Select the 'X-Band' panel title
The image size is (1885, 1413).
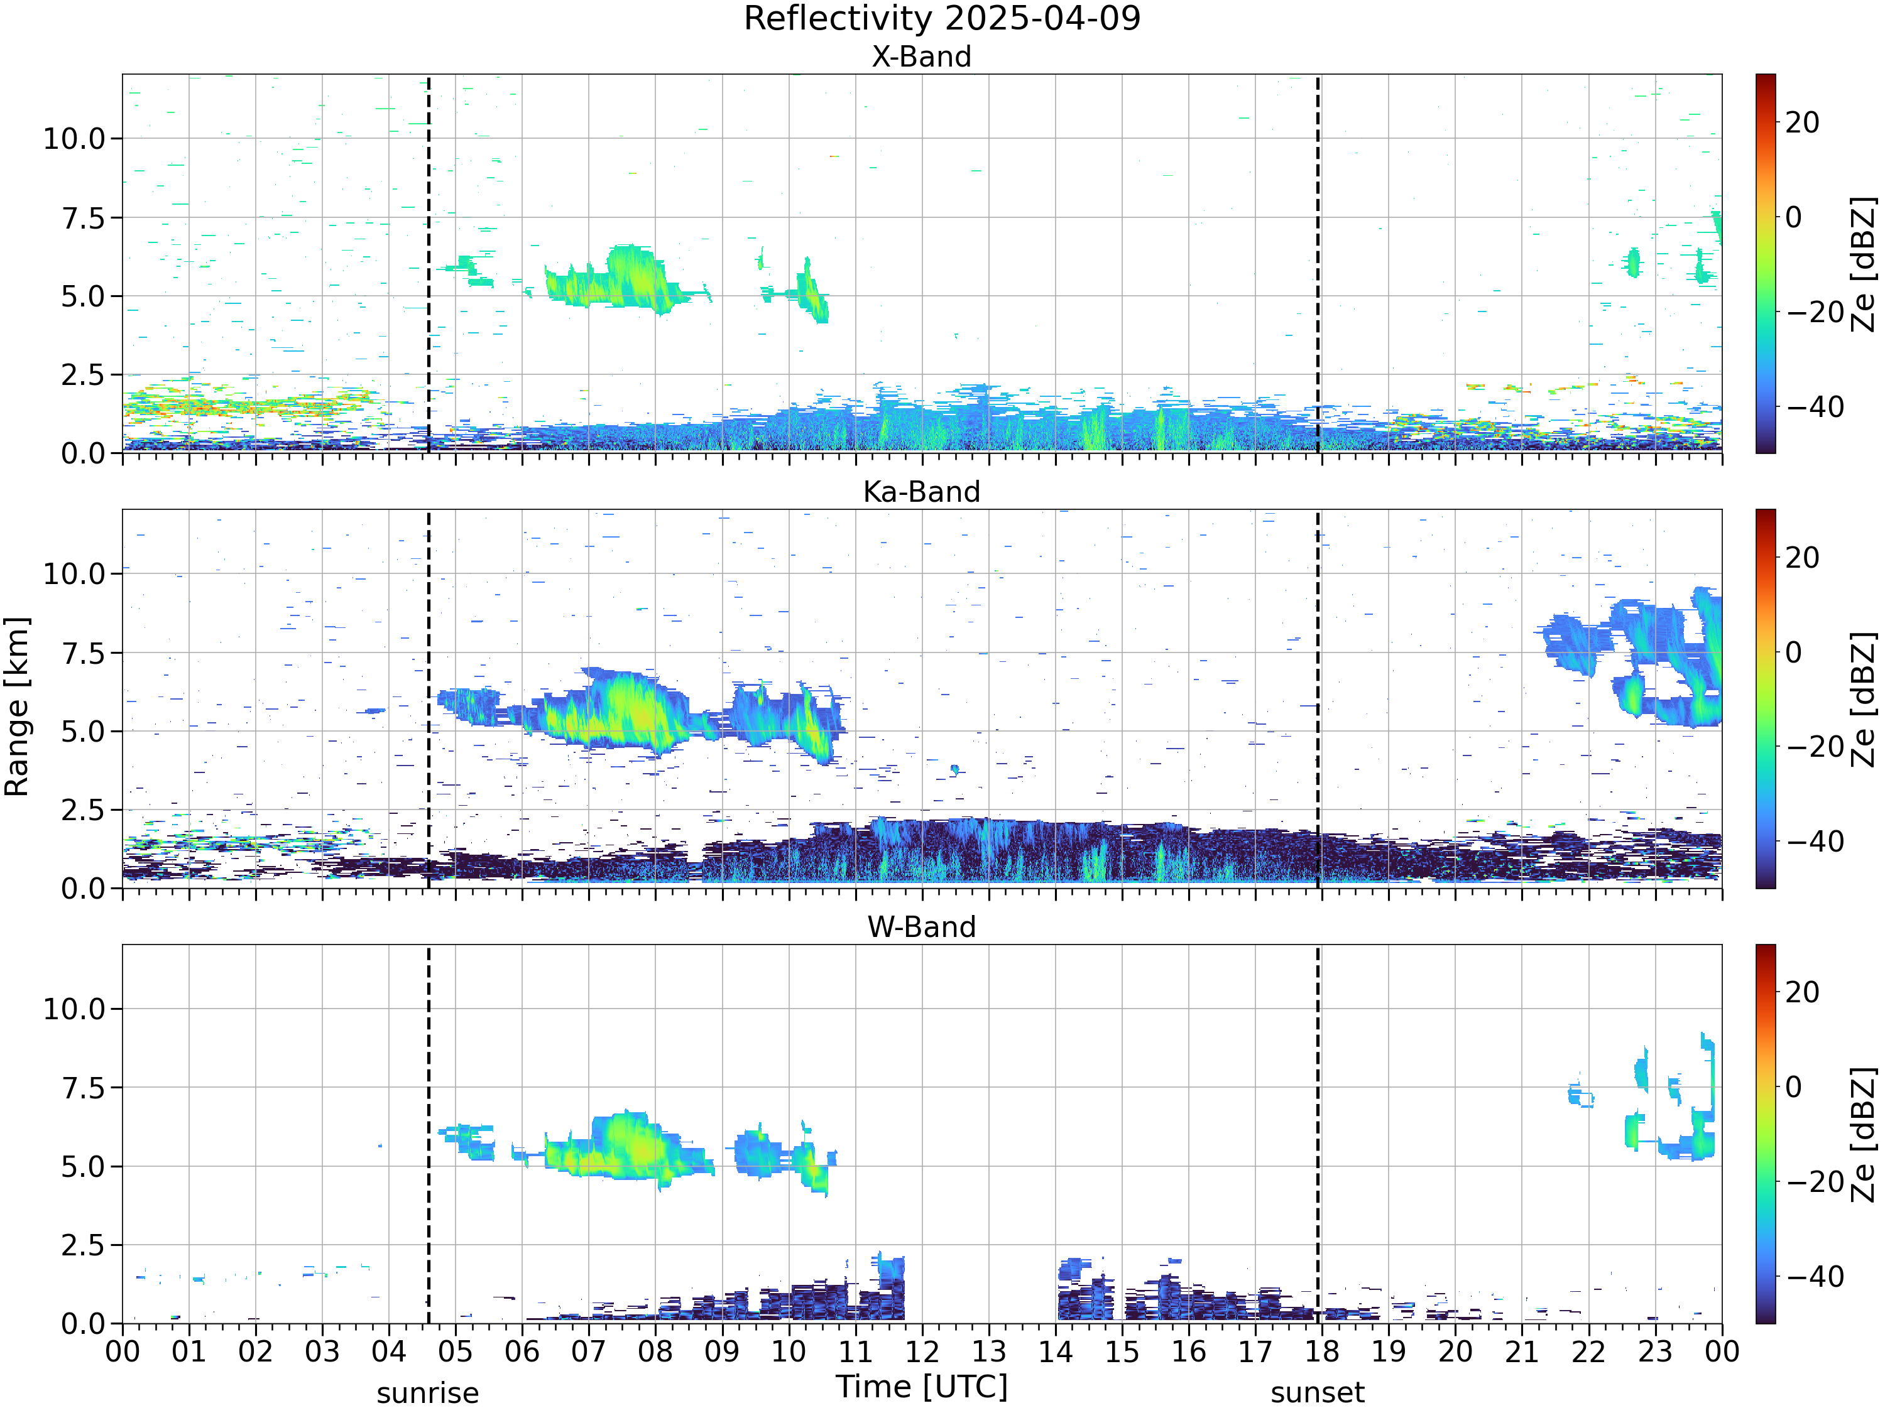pos(921,57)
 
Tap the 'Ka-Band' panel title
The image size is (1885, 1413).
pos(921,492)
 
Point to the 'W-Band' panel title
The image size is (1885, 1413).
pos(921,927)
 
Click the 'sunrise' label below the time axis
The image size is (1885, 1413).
pos(428,1394)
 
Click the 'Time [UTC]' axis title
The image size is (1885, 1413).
pos(921,1387)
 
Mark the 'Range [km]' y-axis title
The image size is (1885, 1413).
pos(17,707)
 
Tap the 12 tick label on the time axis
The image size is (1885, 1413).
pos(922,1351)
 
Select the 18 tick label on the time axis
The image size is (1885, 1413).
pos(1322,1351)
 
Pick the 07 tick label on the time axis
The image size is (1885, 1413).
pos(589,1351)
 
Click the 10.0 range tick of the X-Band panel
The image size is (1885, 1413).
pos(74,138)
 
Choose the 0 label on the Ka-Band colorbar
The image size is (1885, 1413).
pos(1794,652)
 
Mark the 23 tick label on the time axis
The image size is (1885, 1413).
pos(1655,1351)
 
